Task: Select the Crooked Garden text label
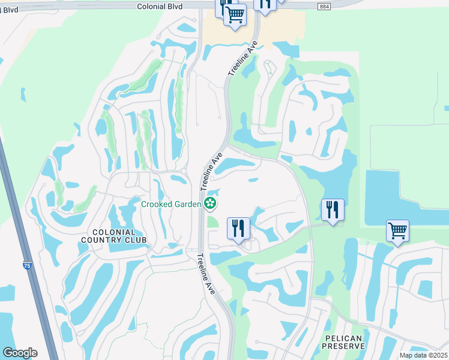coord(170,204)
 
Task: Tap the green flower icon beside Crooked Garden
coord(209,204)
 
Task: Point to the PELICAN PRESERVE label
coord(343,342)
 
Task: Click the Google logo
coord(20,352)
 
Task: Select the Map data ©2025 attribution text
coord(423,355)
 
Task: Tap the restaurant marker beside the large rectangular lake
coord(333,209)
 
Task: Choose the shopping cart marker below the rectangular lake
coord(397,230)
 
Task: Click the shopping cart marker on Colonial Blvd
coord(235,14)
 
